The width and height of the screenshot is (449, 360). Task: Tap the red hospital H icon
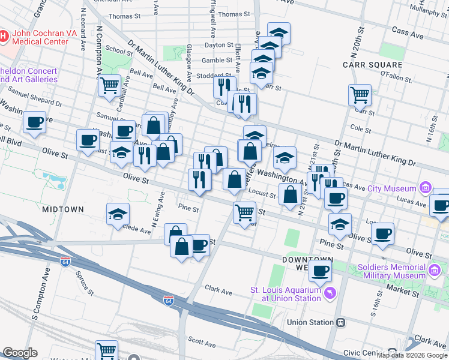click(x=4, y=37)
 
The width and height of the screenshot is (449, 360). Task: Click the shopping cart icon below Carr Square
click(x=360, y=94)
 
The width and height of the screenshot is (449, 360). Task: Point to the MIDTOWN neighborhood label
click(x=62, y=209)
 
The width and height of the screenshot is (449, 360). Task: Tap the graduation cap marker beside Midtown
click(x=118, y=214)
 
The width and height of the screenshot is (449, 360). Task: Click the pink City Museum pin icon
click(x=426, y=188)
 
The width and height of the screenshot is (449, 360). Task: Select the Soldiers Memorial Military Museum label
click(x=391, y=271)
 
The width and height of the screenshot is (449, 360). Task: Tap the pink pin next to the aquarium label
click(x=330, y=293)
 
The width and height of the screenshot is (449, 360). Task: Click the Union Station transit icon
click(x=341, y=322)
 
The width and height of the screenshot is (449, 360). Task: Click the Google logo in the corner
click(x=20, y=353)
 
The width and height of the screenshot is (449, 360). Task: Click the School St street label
click(x=118, y=52)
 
